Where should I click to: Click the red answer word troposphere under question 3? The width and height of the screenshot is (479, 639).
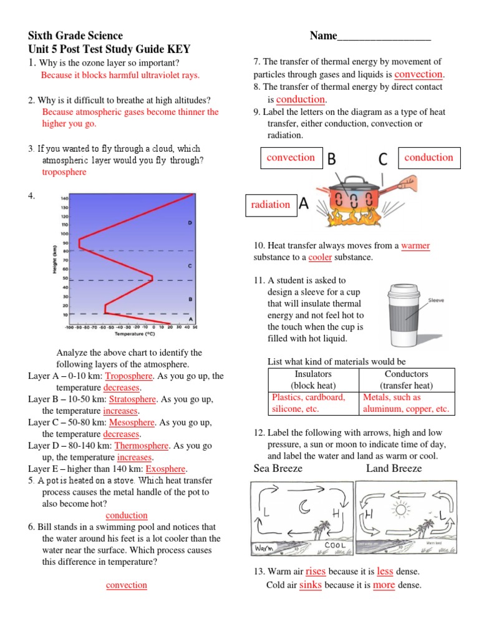(x=64, y=172)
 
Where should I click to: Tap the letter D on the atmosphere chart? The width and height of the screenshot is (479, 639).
(x=190, y=222)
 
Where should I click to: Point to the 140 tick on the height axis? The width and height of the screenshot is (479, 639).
(x=64, y=198)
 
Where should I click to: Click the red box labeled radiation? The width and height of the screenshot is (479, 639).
(x=271, y=205)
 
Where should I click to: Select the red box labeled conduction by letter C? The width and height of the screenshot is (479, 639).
(x=429, y=158)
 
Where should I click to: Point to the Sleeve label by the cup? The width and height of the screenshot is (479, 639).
(x=436, y=300)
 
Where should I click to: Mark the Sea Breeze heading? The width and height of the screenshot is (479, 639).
(x=278, y=469)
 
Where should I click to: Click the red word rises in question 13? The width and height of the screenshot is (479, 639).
(x=316, y=571)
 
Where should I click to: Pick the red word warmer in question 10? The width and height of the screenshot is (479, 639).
(x=415, y=246)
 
